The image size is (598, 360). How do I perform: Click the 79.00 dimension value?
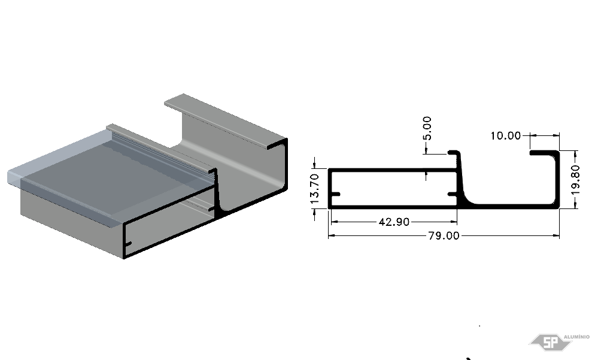pos(444,235)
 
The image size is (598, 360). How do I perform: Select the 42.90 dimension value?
pos(394,222)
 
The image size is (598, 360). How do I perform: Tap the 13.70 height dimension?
pos(315,189)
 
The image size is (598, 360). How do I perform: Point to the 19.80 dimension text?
pos(576,180)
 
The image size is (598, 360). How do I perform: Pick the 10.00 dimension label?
pos(505,136)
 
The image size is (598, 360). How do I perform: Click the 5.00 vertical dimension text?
pos(427,128)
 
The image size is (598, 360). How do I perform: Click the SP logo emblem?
pos(550,343)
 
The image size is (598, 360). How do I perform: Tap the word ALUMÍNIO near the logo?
pos(576,337)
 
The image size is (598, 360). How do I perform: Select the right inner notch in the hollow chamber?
pos(453,194)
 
